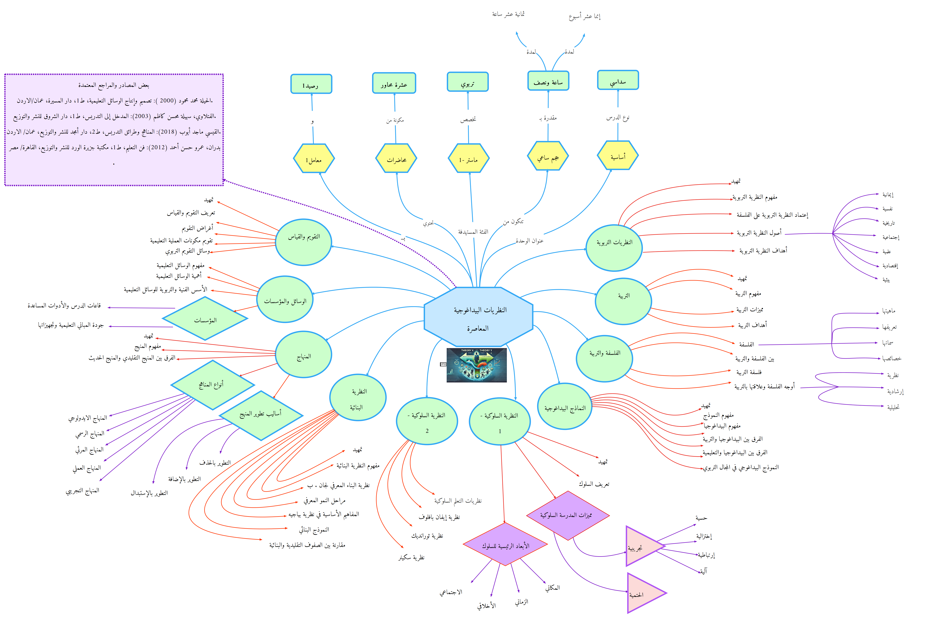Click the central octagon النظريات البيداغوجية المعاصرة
(x=478, y=317)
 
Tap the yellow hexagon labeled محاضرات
(x=396, y=159)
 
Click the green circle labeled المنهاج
(x=304, y=355)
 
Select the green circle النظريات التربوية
(x=614, y=248)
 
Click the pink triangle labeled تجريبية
(x=640, y=546)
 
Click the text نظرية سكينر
(x=411, y=557)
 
